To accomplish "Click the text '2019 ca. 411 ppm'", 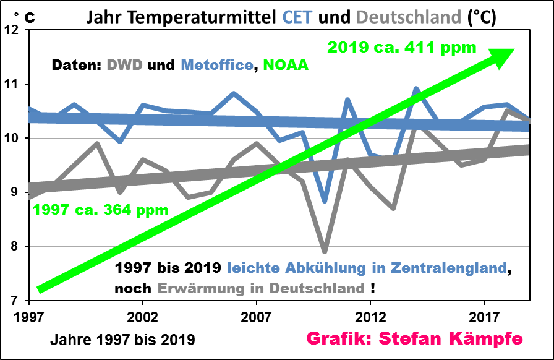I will tap(402, 47).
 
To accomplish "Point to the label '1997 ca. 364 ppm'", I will tap(101, 210).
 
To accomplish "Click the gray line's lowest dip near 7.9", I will tap(325, 251).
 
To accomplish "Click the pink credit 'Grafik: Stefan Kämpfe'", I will tap(415, 339).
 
